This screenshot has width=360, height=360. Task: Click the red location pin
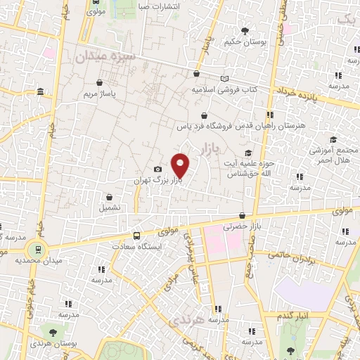pyautogui.click(x=181, y=165)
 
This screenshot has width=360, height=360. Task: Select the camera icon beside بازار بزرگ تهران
pyautogui.click(x=158, y=169)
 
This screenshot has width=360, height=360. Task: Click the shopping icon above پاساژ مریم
pyautogui.click(x=99, y=82)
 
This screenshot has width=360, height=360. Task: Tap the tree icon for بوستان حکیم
pyautogui.click(x=245, y=31)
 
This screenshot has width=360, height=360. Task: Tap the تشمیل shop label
pyautogui.click(x=110, y=207)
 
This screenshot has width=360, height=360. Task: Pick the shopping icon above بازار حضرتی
pyautogui.click(x=243, y=216)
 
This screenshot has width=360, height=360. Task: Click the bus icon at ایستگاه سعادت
pyautogui.click(x=136, y=236)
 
